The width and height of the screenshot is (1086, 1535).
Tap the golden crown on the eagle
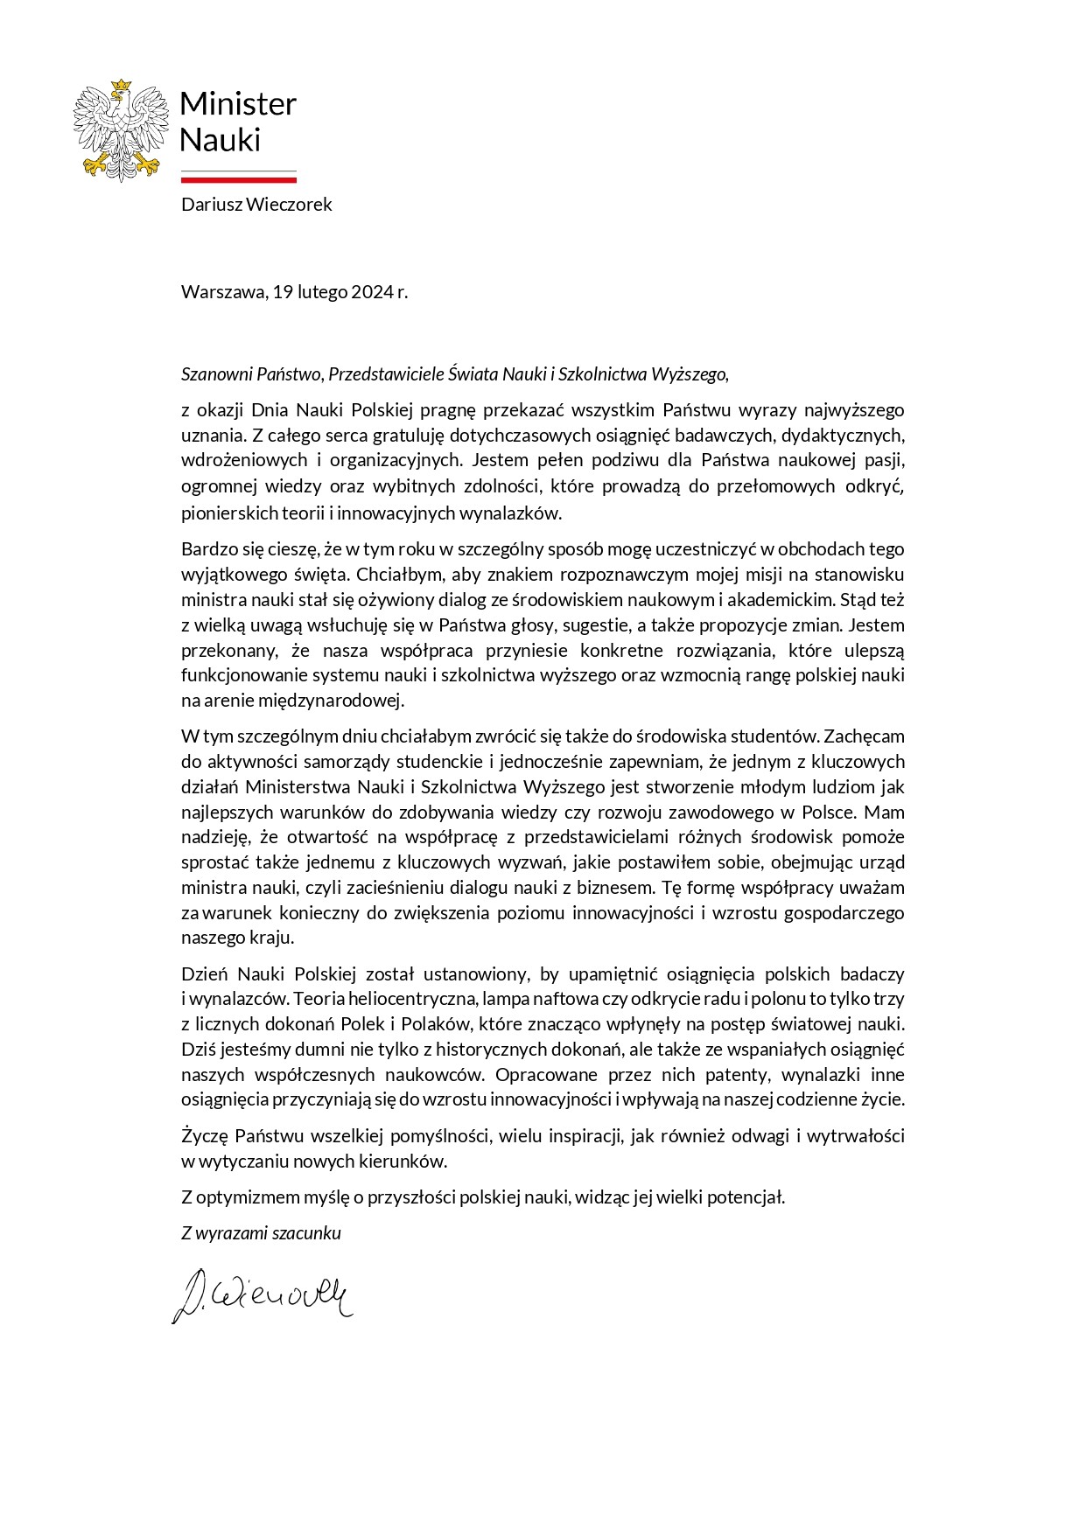121,85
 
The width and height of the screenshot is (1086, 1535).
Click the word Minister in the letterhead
238,104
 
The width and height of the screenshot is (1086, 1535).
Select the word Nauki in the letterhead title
221,140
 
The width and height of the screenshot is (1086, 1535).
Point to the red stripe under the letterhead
238,179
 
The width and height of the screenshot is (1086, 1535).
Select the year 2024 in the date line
372,292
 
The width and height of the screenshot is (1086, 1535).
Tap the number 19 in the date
283,292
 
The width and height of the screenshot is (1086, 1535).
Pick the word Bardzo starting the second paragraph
203,549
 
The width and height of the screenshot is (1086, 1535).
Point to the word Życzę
204,1136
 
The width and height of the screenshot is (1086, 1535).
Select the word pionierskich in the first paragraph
223,513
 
